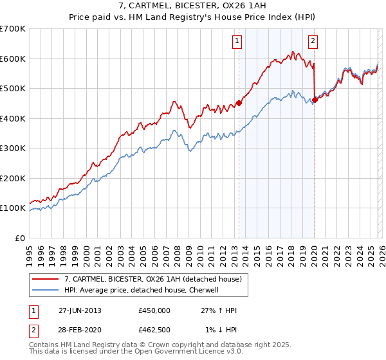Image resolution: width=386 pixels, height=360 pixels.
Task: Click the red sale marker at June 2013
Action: (x=239, y=103)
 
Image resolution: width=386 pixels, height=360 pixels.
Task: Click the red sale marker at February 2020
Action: (x=315, y=100)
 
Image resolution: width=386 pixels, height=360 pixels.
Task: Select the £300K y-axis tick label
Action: (x=13, y=148)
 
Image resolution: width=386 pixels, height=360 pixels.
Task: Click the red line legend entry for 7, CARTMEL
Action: (x=152, y=279)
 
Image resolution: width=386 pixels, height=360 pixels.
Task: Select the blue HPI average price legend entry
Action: (x=142, y=290)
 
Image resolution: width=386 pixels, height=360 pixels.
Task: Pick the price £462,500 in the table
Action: (x=154, y=330)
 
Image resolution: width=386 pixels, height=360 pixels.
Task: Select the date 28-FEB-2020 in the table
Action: (x=80, y=330)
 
